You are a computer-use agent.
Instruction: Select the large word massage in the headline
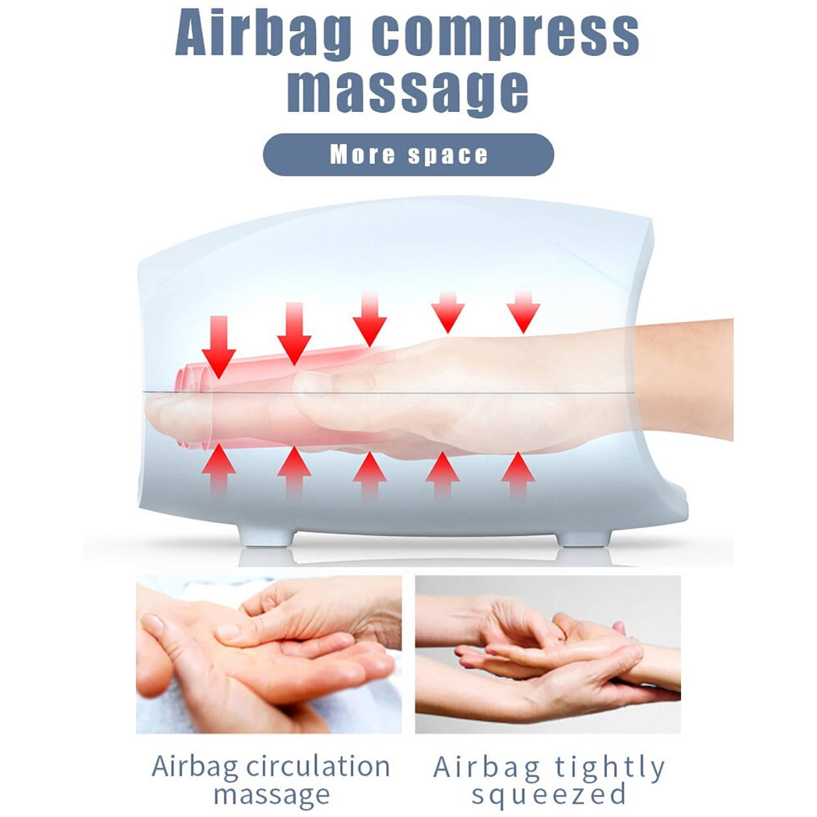tap(408, 91)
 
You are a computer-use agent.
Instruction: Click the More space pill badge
tap(408, 154)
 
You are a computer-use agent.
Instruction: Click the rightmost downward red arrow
tap(524, 312)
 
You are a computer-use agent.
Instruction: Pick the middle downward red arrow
tap(369, 319)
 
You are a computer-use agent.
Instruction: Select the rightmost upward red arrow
tap(518, 475)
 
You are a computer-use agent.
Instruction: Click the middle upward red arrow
tap(369, 475)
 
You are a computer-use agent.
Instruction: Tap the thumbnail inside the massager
tap(313, 382)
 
